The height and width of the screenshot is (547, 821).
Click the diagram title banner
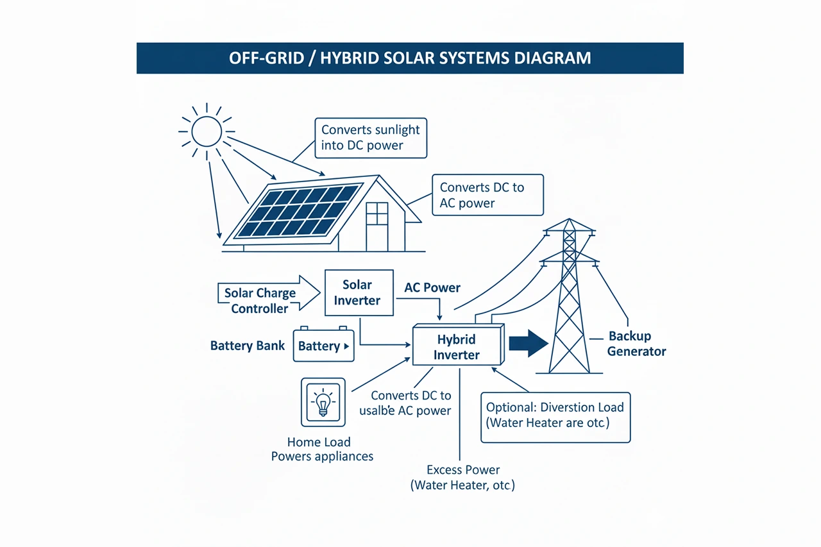pyautogui.click(x=410, y=58)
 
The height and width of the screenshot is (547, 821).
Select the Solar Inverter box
pyautogui.click(x=359, y=292)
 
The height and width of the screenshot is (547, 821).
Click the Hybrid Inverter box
pyautogui.click(x=456, y=346)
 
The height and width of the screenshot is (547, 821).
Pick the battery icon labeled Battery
pyautogui.click(x=324, y=346)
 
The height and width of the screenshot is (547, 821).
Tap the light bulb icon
pyautogui.click(x=323, y=403)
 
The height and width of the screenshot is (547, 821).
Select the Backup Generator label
pyautogui.click(x=635, y=344)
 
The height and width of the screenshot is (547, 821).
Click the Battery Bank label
pyautogui.click(x=248, y=346)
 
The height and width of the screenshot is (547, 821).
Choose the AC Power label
pyautogui.click(x=432, y=288)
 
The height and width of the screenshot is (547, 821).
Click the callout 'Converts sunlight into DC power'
pyautogui.click(x=371, y=137)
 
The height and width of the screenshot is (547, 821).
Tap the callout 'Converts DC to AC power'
pyautogui.click(x=487, y=195)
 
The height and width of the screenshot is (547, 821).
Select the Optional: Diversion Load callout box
pyautogui.click(x=555, y=417)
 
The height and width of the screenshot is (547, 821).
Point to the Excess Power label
pyautogui.click(x=462, y=477)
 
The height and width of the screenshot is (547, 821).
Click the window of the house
pyautogui.click(x=377, y=214)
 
